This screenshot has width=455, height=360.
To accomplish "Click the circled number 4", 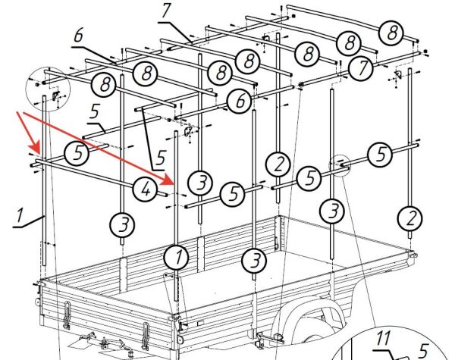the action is (x=146, y=189).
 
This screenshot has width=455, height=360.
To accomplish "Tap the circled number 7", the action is (x=361, y=68).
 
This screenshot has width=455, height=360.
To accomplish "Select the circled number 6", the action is (x=239, y=101).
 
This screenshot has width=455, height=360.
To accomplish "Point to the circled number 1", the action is (x=176, y=258).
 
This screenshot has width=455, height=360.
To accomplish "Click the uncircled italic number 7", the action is (x=165, y=11).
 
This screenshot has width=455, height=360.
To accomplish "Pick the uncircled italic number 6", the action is (x=78, y=36).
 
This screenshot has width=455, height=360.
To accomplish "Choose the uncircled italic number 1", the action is (x=19, y=215).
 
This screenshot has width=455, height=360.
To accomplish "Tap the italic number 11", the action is (x=383, y=338).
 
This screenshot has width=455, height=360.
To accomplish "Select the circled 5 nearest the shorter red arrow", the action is (x=77, y=153).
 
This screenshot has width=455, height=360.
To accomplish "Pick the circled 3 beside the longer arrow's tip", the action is (x=200, y=183).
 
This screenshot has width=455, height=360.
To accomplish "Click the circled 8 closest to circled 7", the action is (x=350, y=42).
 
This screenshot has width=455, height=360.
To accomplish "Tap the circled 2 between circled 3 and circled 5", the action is (x=278, y=164).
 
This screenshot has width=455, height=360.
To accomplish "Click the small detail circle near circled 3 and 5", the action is (x=340, y=165).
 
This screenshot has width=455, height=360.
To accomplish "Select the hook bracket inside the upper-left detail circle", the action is (x=55, y=95).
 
